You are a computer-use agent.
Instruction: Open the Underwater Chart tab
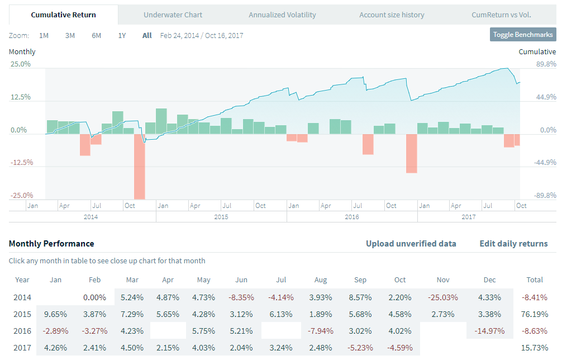click(173, 15)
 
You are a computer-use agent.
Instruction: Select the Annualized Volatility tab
click(282, 15)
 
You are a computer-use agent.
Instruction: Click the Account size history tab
click(392, 15)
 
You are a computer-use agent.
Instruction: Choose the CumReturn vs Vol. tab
click(501, 15)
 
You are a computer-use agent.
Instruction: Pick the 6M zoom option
click(96, 36)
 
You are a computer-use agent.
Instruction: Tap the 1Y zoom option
click(122, 36)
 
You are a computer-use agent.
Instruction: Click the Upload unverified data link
click(411, 244)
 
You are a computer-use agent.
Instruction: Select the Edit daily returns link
click(513, 244)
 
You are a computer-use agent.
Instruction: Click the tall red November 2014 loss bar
click(139, 166)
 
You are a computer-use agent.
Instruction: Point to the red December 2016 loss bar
click(411, 153)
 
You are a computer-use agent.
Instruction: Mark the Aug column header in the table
click(321, 280)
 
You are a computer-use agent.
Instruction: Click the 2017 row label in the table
click(22, 348)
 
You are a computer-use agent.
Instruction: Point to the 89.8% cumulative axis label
click(545, 64)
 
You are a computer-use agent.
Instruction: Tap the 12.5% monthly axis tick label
click(20, 97)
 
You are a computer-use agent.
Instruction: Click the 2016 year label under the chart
click(352, 217)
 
